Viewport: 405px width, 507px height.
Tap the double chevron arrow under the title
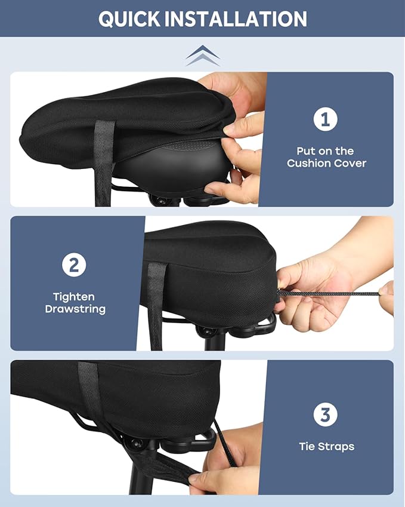[202, 55]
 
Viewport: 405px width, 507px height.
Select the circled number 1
[326, 119]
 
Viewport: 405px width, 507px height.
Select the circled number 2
[74, 265]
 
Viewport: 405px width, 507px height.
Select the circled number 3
[326, 414]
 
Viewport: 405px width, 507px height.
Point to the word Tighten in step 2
[74, 297]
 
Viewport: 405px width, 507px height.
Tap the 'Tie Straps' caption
[326, 447]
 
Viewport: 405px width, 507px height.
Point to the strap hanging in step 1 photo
[103, 161]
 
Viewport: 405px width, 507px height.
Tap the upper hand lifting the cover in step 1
[236, 96]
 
